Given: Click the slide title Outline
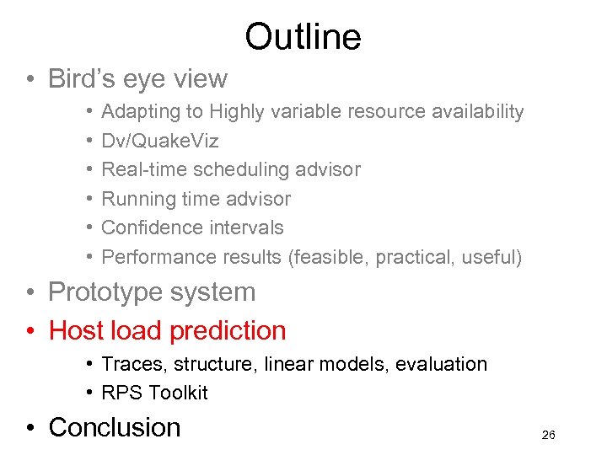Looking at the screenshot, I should [303, 36].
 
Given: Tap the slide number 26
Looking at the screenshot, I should [548, 435].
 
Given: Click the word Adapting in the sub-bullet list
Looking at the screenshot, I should [136, 112].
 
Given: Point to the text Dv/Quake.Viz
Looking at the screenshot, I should [159, 141].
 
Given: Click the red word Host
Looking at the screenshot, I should [74, 330].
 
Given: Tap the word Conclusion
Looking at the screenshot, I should [115, 427].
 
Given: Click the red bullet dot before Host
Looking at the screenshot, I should [30, 331].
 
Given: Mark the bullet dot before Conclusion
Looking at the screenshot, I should [30, 428].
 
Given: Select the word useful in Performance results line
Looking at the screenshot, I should [492, 257].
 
